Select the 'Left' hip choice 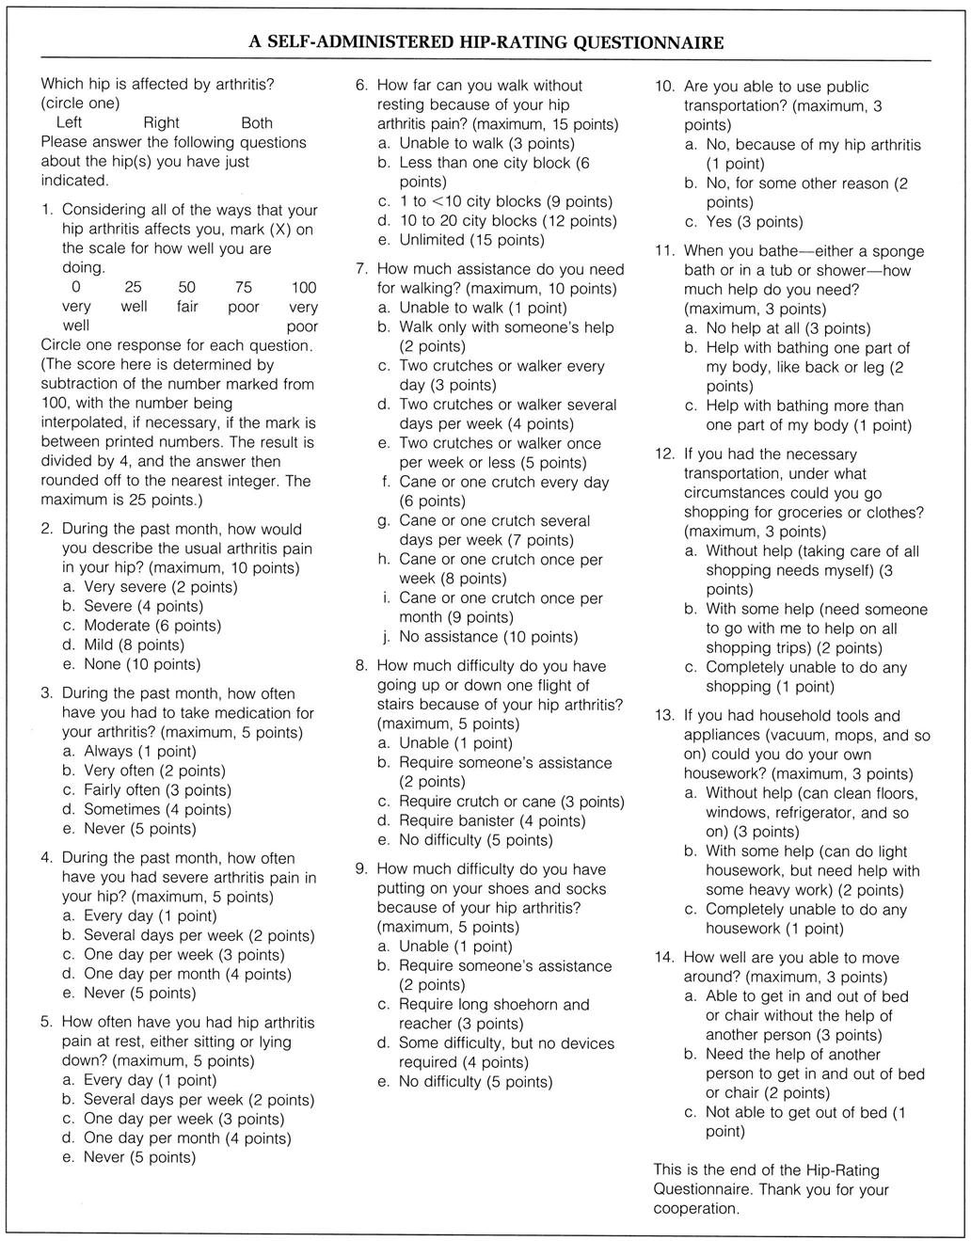(x=69, y=123)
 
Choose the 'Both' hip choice (x=257, y=123)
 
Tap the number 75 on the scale (x=244, y=288)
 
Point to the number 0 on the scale (x=75, y=288)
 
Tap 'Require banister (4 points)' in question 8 (x=480, y=820)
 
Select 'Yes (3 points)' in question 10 (x=743, y=222)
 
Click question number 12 (x=664, y=454)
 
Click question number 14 (x=664, y=958)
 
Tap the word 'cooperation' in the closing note (x=696, y=1209)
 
